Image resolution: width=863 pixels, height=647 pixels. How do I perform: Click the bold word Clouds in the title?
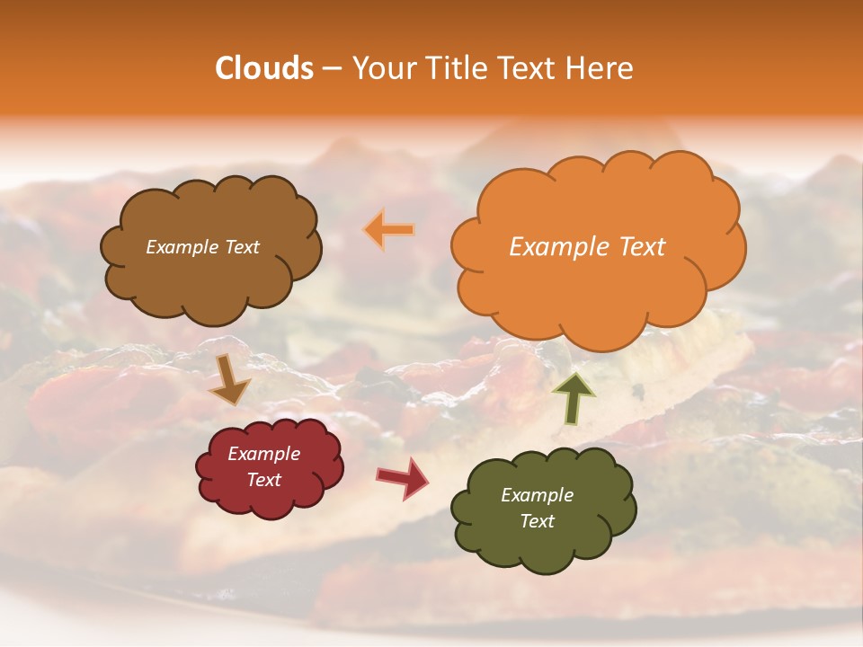(264, 68)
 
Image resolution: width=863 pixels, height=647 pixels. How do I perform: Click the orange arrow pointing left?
(389, 230)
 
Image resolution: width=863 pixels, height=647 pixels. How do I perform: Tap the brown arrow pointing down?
(229, 378)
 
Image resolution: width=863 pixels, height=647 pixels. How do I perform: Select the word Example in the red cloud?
(263, 454)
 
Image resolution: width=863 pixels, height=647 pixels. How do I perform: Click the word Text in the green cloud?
(537, 521)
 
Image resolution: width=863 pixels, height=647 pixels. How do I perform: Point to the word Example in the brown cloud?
(180, 247)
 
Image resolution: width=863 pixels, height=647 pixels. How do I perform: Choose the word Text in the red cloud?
(263, 480)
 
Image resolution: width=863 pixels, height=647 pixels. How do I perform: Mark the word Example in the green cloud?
(537, 495)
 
